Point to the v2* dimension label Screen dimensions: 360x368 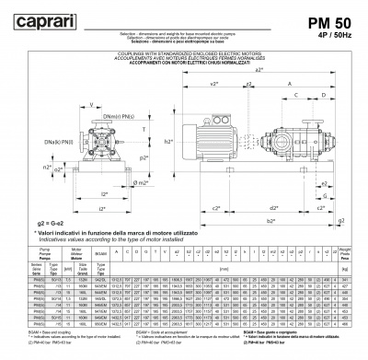coord(213,83)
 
